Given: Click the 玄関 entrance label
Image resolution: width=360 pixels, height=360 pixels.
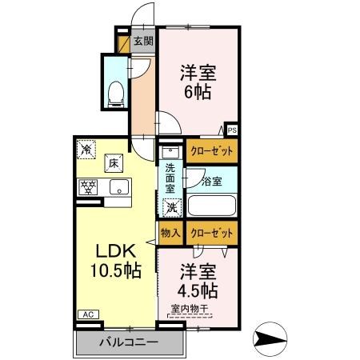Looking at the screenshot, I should click(142, 42).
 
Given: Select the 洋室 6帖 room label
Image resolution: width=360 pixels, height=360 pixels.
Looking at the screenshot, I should click(196, 80).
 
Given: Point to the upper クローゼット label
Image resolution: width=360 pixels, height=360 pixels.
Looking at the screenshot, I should click(212, 150).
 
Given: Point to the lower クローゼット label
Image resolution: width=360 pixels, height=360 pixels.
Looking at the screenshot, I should click(212, 233).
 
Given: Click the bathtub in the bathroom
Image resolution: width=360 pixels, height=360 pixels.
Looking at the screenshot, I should click(211, 205).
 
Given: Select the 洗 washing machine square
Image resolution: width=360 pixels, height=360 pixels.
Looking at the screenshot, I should click(171, 208).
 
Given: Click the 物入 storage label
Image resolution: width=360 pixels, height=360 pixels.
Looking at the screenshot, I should click(170, 233).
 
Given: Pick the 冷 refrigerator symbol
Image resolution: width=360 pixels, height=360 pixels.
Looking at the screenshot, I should click(86, 149).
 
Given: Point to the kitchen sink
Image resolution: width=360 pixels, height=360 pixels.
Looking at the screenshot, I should click(118, 189).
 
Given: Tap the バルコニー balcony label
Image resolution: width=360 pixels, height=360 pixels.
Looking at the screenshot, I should click(129, 342).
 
